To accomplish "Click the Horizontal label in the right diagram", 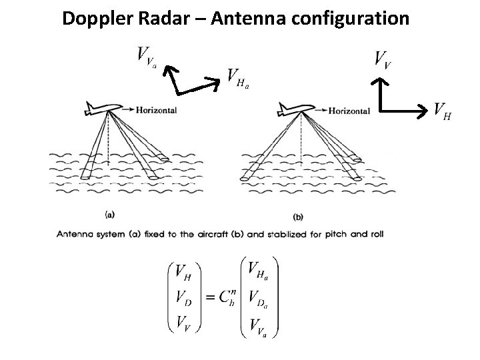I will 349,111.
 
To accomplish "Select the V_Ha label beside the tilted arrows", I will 238,78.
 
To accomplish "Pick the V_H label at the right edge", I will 442,110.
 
